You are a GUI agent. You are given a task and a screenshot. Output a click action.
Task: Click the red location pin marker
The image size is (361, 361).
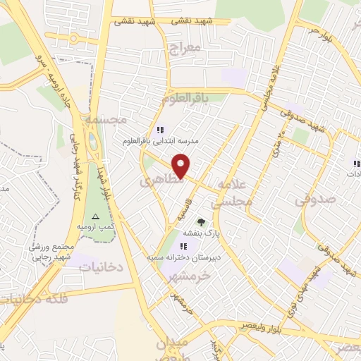click(181, 166)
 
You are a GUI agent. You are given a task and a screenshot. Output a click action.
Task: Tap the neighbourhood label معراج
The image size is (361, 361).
click(186, 49)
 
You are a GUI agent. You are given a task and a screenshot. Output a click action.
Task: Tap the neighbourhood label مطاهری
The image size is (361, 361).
click(161, 180)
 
